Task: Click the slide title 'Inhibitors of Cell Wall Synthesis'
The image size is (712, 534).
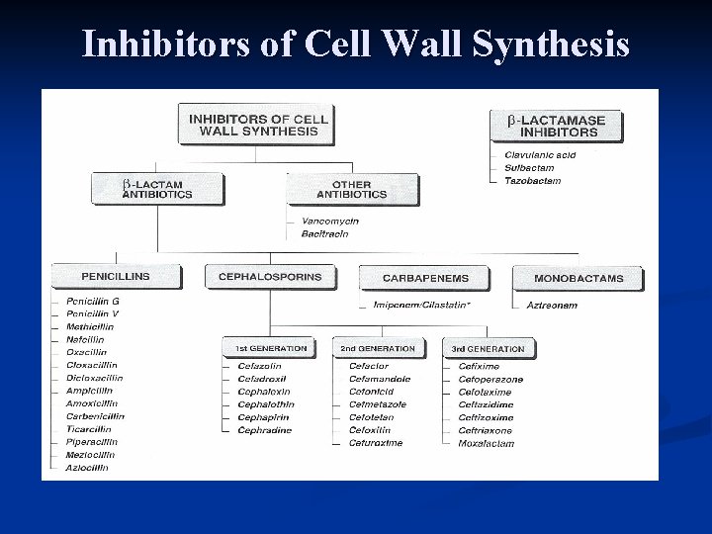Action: [355, 44]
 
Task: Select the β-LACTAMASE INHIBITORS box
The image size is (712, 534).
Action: [556, 126]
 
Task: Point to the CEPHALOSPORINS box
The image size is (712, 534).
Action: [269, 276]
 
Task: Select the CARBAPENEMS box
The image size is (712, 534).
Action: [425, 278]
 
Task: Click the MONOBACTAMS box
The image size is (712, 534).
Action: [578, 278]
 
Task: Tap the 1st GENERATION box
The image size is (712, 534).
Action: [271, 348]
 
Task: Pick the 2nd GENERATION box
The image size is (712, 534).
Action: [378, 348]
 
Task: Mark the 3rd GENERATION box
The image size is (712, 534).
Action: [488, 348]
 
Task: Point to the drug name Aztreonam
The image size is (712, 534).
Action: [552, 305]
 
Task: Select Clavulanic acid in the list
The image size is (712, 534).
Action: [540, 154]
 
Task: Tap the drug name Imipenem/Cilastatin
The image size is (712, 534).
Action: [421, 305]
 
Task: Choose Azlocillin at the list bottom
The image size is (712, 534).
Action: [88, 468]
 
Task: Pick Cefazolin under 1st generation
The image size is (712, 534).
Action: [259, 366]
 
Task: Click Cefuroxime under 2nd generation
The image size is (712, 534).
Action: [376, 443]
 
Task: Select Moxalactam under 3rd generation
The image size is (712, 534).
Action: [487, 443]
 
